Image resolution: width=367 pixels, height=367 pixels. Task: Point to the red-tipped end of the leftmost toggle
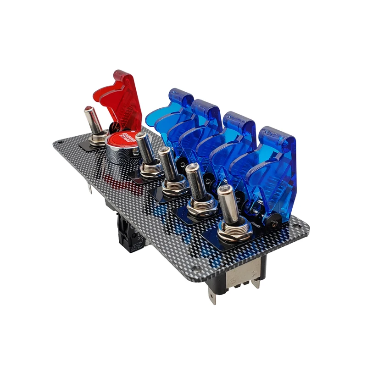click(87, 109)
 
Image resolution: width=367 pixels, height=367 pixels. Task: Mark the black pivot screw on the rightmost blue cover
click(274, 223)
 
